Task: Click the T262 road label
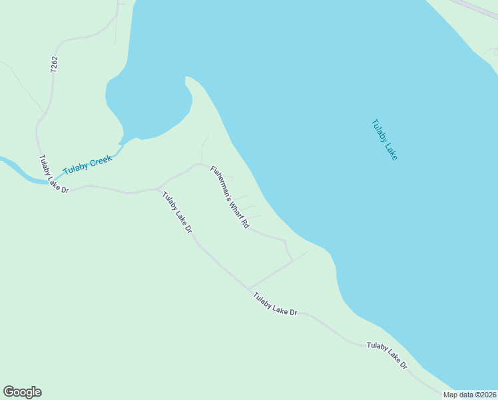coord(54,64)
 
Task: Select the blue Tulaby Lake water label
coord(384,139)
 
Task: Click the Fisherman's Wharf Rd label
coord(229,197)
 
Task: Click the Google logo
coord(22,392)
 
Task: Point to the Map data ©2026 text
coord(469,395)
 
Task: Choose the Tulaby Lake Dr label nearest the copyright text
coord(387,355)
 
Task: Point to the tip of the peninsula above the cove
coord(188,78)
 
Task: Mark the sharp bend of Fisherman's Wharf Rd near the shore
coord(286,241)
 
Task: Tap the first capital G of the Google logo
coord(9,391)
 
